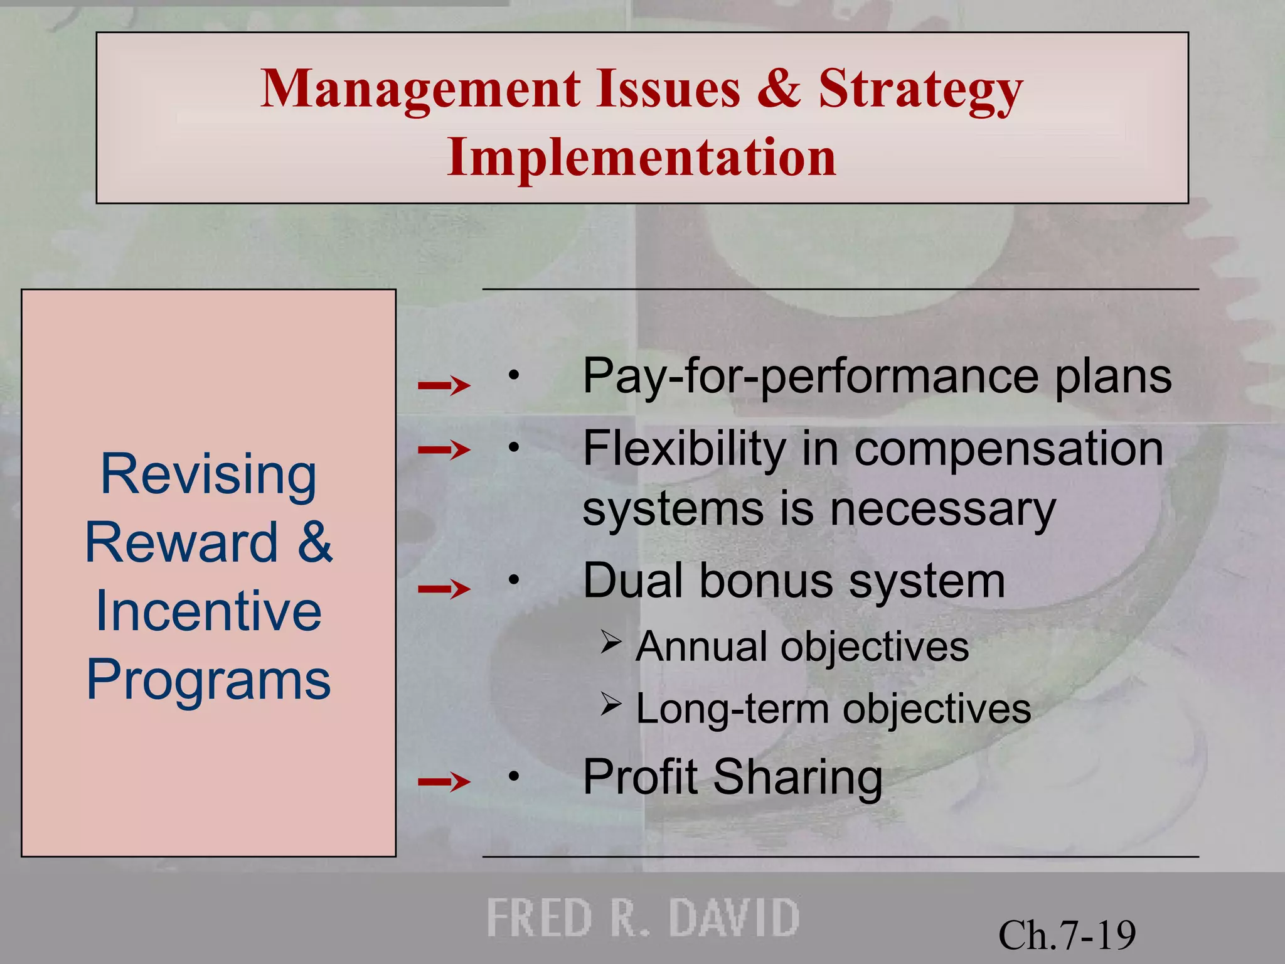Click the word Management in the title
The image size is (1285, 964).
tap(420, 90)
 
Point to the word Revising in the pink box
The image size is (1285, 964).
tap(208, 474)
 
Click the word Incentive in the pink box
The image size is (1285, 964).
tap(208, 611)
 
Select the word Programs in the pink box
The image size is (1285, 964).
tap(208, 680)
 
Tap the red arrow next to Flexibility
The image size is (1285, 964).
tap(444, 449)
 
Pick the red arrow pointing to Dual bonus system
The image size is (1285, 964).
tap(444, 589)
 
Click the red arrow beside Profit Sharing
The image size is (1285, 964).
tap(444, 781)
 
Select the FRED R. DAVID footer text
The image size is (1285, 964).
tap(642, 918)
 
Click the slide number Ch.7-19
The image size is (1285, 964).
tap(1067, 935)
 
